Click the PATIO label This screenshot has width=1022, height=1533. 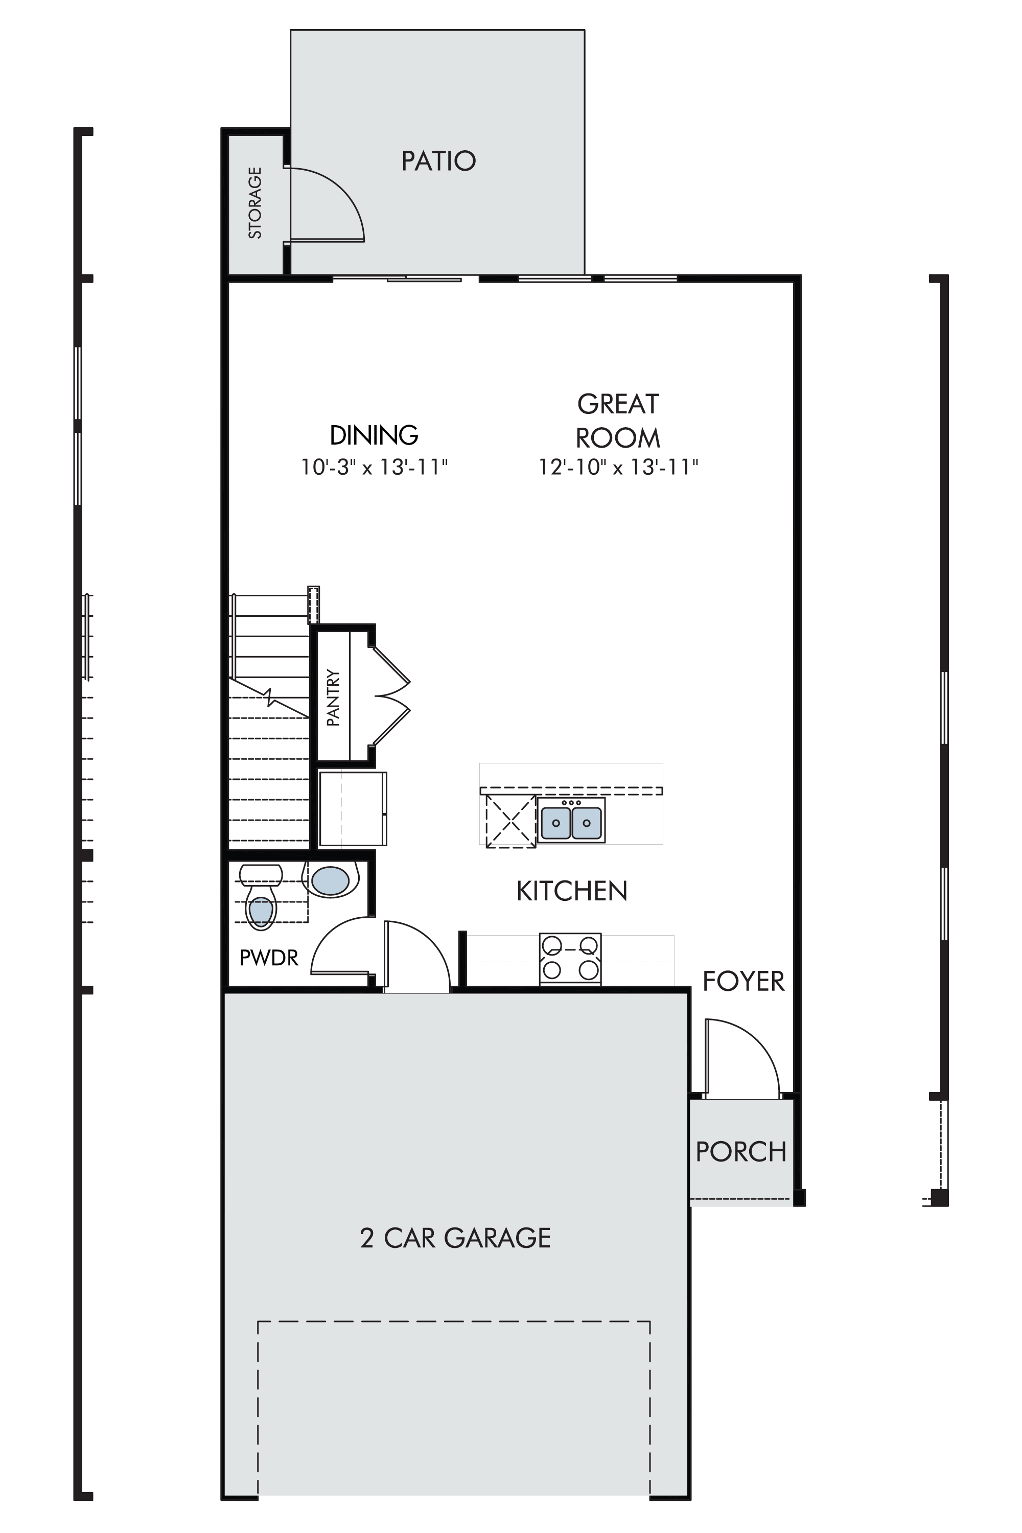pyautogui.click(x=438, y=161)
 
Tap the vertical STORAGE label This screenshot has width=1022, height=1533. pyautogui.click(x=255, y=203)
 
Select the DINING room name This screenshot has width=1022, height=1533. pyautogui.click(x=374, y=435)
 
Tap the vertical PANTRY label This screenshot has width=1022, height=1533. pyautogui.click(x=333, y=698)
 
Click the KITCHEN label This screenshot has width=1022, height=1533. pyautogui.click(x=572, y=891)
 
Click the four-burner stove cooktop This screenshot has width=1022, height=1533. pyautogui.click(x=570, y=958)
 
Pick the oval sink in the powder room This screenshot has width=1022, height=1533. pyautogui.click(x=331, y=880)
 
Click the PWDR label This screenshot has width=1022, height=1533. pyautogui.click(x=269, y=958)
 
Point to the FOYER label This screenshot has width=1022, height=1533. pyautogui.click(x=744, y=981)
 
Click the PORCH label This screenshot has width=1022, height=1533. pyautogui.click(x=741, y=1152)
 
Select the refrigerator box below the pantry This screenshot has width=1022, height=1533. pyautogui.click(x=353, y=808)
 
